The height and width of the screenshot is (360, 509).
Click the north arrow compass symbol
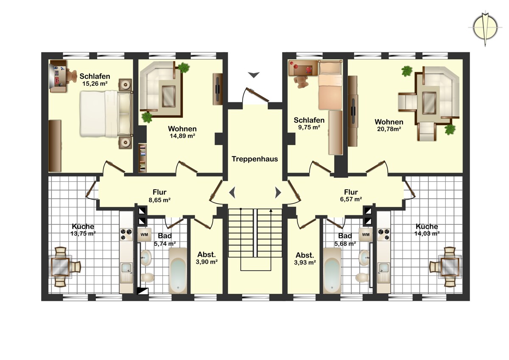point(485,28)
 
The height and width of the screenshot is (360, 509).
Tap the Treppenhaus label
point(255,159)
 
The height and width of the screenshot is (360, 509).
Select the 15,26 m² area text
point(95,84)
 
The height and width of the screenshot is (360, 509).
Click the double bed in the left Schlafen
point(106,114)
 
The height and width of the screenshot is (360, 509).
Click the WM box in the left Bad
point(144,234)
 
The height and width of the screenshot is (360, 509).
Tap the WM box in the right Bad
point(366,234)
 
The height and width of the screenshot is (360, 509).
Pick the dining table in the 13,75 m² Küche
point(60,267)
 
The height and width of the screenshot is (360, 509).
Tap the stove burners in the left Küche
point(126,234)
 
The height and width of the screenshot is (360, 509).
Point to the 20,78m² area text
point(389,129)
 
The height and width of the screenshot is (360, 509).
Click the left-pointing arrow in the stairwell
point(232,193)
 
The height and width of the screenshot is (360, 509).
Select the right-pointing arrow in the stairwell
point(278,193)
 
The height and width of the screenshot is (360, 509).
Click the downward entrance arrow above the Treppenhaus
point(254,75)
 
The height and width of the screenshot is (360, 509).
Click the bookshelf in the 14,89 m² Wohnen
point(143,158)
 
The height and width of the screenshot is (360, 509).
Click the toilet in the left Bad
point(147,278)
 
